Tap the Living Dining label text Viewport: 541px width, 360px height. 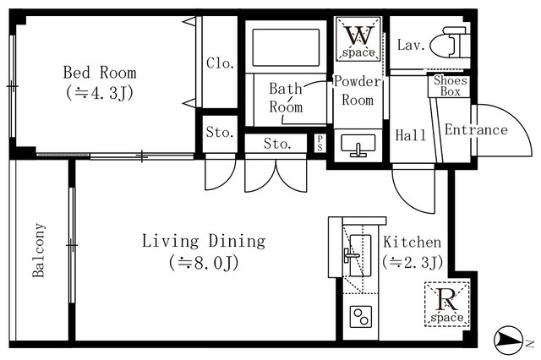(x=203, y=242)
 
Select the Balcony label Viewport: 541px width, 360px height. (x=39, y=250)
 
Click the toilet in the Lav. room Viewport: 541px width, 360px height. (x=448, y=43)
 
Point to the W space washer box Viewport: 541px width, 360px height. (x=358, y=40)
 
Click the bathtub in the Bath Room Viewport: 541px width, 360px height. (x=286, y=50)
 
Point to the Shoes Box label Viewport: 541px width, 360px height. (x=449, y=86)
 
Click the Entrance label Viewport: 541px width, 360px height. (x=476, y=130)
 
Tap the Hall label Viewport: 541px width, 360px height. (x=410, y=135)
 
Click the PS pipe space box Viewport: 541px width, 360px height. (x=320, y=144)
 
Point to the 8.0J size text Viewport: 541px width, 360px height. (x=203, y=263)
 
